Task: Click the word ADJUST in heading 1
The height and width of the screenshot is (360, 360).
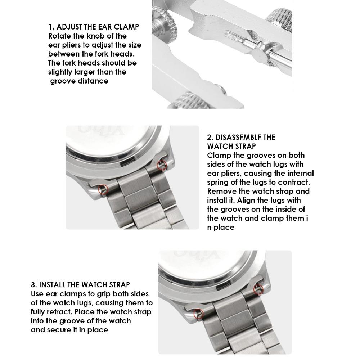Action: pos(69,27)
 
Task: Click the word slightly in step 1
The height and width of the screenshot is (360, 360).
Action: pos(60,72)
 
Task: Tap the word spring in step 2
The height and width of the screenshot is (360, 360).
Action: pos(218,182)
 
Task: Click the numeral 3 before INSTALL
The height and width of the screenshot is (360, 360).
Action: pos(33,285)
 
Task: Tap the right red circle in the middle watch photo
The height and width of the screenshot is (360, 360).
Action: pos(163,165)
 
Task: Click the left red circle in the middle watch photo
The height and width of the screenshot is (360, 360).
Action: pos(103,189)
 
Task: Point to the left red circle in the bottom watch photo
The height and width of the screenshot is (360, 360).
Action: pos(198,314)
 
